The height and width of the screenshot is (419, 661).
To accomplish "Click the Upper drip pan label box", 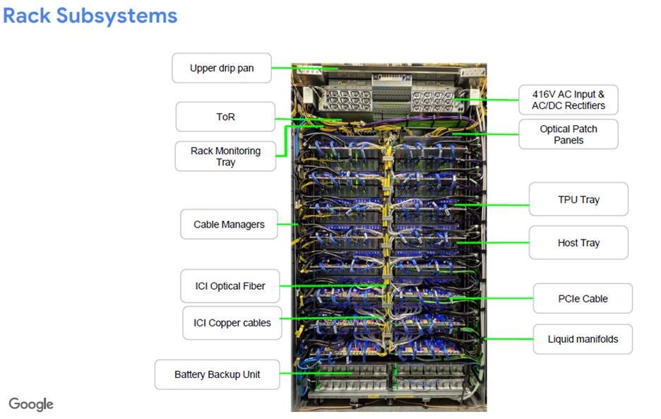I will point(221,69).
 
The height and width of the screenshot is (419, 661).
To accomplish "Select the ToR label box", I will point(225,117).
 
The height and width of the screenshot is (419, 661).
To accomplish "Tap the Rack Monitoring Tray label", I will point(225,156).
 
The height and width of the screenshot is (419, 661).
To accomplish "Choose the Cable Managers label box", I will point(229,225).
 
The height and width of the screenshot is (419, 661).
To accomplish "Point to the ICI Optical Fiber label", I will point(230,286).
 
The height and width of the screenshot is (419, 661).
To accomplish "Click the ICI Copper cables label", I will point(232,323).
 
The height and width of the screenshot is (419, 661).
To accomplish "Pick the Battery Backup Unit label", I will point(217,374).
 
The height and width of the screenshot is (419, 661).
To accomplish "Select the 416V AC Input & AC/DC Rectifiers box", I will point(568,100).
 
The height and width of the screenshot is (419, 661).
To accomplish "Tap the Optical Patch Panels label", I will point(568,134).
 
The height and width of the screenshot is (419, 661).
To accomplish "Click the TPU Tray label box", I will point(578,200).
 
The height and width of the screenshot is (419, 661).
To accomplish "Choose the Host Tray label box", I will point(578,243).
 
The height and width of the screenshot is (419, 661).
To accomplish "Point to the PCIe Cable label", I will point(582,299).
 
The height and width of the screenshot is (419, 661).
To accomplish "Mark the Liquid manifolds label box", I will point(583,339).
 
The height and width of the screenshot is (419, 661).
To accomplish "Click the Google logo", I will point(31,404).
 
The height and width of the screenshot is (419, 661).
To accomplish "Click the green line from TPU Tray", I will point(494,205).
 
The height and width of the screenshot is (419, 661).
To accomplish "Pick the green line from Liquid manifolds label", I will point(508,339).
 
